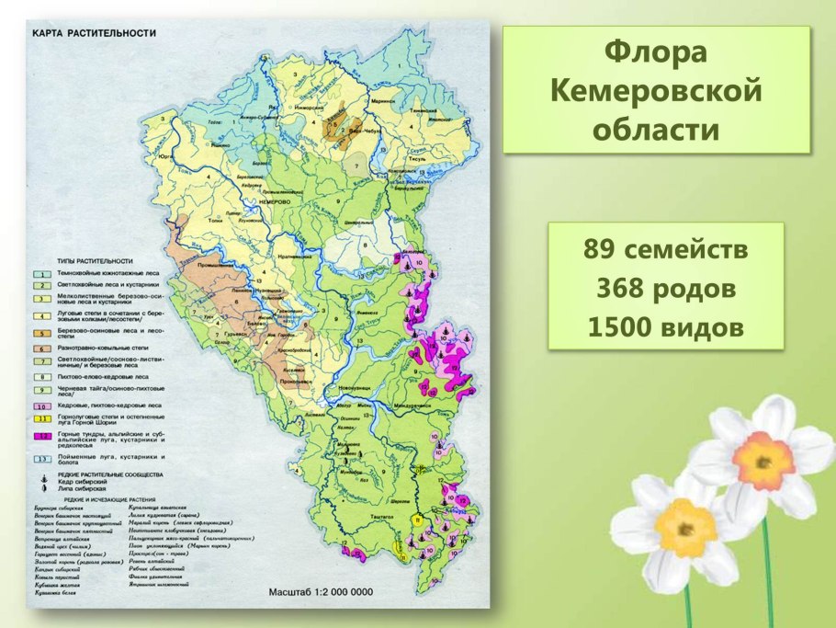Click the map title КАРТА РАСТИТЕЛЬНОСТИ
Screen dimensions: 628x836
pos(95,33)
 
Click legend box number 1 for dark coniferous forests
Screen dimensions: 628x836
pos(41,274)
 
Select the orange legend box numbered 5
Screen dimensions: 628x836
pos(41,331)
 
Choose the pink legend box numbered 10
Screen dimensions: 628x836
pos(41,405)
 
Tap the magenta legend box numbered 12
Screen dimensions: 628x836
pos(41,435)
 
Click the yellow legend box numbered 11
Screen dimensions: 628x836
pos(41,418)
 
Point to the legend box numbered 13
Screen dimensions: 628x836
pos(41,457)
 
